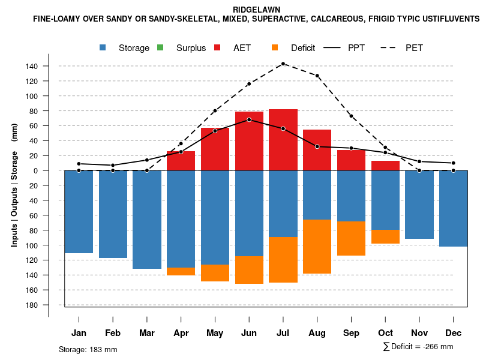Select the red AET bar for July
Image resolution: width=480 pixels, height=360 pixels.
(283, 140)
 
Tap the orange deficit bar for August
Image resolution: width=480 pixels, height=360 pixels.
(317, 247)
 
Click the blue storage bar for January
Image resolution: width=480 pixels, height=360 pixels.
(79, 212)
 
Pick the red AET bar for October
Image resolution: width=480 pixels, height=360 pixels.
(386, 166)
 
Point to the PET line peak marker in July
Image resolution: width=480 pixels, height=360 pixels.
(283, 64)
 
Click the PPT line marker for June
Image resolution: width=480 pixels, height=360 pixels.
(249, 120)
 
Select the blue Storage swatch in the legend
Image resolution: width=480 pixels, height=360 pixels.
(103, 47)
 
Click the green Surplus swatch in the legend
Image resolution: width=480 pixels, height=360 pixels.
(160, 47)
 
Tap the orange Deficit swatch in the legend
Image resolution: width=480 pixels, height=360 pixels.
(275, 47)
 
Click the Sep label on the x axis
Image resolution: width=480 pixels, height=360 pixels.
(352, 333)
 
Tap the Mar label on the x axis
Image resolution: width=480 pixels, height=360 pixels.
(147, 333)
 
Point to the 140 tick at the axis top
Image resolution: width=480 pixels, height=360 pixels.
(32, 66)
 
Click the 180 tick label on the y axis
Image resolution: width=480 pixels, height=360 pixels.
(32, 305)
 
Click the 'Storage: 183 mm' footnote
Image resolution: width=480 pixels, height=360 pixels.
(88, 349)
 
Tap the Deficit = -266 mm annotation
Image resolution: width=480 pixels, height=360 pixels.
(418, 347)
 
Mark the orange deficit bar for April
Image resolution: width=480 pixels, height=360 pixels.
(181, 271)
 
